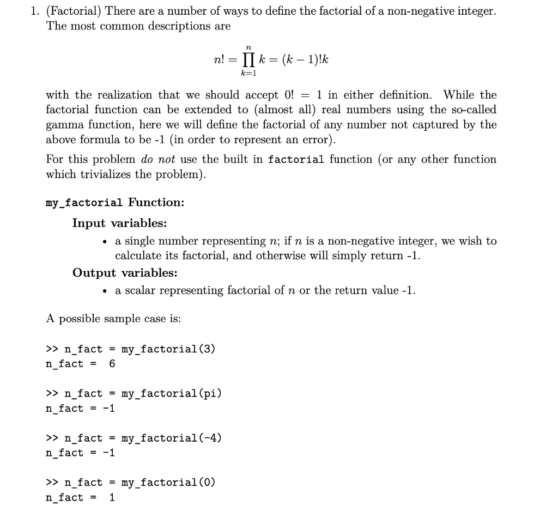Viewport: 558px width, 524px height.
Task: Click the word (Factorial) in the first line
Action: [75, 11]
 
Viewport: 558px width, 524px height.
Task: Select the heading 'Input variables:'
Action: [119, 223]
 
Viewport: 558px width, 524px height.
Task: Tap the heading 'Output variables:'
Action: [125, 273]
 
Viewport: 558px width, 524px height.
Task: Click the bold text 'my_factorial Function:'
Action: [115, 203]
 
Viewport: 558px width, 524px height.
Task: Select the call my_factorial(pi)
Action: [171, 393]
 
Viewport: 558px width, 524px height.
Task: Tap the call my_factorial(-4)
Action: [171, 438]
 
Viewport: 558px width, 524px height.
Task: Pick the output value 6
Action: [112, 364]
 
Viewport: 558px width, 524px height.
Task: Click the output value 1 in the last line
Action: [112, 497]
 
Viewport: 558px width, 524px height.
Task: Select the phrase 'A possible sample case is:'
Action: [113, 319]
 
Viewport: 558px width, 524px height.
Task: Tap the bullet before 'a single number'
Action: [104, 241]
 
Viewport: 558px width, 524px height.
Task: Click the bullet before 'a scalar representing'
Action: [104, 291]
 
